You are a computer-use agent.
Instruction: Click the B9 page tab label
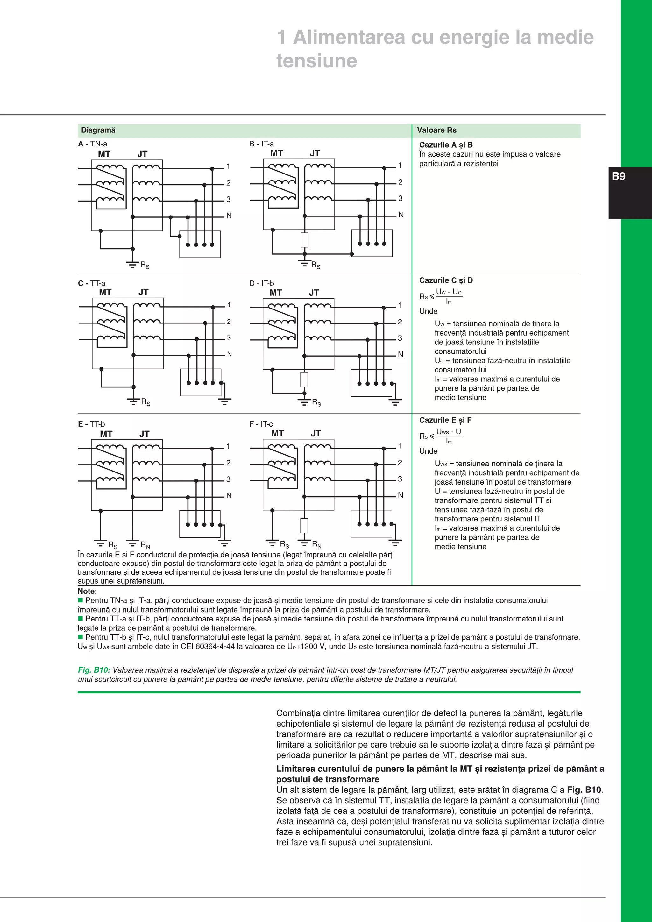tap(618, 176)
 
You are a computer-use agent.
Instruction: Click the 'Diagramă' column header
tap(98, 130)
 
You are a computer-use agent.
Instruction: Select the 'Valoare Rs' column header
tap(436, 130)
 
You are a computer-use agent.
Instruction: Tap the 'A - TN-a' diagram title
tap(93, 144)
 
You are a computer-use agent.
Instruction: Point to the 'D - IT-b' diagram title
tap(261, 283)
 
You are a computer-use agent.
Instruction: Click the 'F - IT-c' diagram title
tap(261, 424)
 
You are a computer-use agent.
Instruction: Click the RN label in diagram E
tap(145, 545)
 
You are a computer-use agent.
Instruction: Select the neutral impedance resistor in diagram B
tap(305, 240)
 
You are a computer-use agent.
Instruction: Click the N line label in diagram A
tap(229, 216)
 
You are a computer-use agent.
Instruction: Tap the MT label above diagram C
tap(105, 292)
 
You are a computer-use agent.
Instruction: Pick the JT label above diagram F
tap(315, 433)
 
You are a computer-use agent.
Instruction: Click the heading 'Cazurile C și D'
tap(446, 280)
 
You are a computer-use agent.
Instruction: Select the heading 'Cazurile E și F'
tap(445, 420)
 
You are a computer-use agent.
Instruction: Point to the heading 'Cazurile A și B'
tap(446, 145)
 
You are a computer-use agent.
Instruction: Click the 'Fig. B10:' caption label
tap(94, 670)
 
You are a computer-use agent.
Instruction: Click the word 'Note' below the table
tap(86, 591)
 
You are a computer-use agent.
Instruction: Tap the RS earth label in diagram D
tap(316, 402)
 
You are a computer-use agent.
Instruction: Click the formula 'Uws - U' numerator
tap(449, 432)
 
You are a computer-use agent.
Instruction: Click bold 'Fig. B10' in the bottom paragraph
tap(584, 790)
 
